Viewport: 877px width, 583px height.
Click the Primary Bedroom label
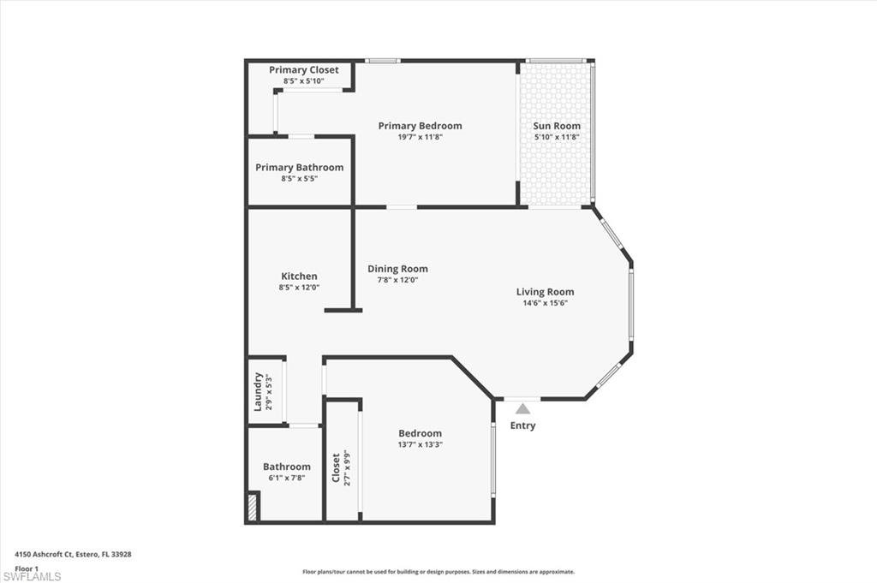420,126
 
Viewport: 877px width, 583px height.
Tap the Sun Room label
557,126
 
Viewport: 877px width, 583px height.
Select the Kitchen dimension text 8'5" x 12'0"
299,288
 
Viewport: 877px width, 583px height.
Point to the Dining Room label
397,269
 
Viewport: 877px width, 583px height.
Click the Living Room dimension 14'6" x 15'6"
545,303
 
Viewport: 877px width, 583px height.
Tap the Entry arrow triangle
522,409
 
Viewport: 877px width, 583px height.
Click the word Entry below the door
522,425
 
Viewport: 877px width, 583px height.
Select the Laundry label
259,391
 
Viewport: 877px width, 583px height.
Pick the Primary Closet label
303,70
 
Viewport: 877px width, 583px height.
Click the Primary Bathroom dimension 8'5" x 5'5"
299,179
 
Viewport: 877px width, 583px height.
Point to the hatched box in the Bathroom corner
253,506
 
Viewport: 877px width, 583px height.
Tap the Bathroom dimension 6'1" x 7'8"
286,478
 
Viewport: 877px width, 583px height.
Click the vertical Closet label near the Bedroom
336,467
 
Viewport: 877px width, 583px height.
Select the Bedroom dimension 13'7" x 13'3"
420,444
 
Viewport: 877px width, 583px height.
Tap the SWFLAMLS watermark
32,576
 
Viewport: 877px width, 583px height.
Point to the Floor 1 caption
27,568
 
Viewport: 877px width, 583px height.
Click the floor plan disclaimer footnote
438,572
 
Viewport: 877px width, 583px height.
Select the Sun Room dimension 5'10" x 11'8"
557,137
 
